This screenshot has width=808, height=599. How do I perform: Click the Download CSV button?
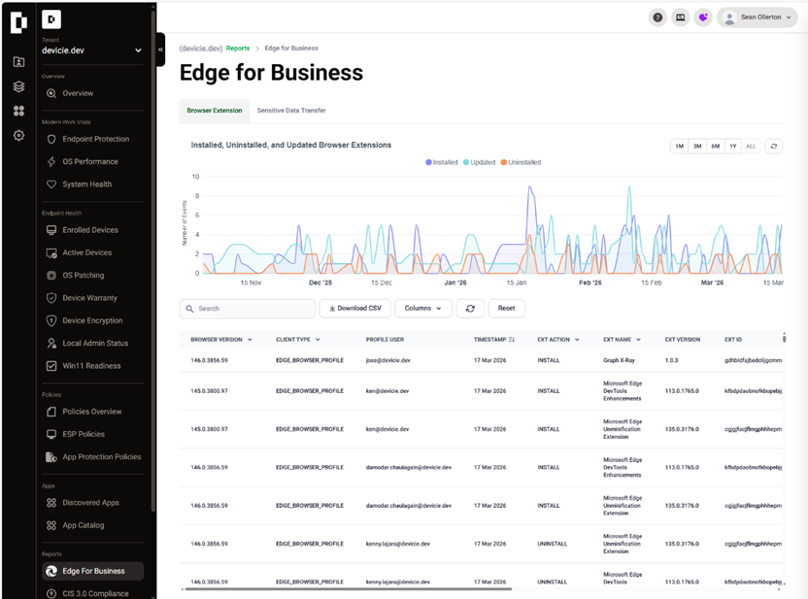[355, 308]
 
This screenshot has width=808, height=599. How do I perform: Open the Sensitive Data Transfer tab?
[290, 111]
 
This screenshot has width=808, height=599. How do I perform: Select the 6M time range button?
[715, 146]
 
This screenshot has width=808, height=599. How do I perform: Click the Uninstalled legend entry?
[521, 162]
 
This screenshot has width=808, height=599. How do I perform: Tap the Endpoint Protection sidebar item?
[95, 139]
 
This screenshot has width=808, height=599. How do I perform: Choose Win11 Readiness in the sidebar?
[91, 366]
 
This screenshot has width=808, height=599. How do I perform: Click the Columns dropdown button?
[423, 308]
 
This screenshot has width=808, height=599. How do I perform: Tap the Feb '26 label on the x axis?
[589, 283]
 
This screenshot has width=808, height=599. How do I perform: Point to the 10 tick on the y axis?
[196, 177]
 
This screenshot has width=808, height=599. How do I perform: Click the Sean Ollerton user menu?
[757, 17]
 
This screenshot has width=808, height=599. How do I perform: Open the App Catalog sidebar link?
[83, 525]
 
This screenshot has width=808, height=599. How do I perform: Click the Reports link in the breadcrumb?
[238, 48]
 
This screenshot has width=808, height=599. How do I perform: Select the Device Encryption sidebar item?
[92, 320]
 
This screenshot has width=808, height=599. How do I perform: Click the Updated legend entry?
[479, 162]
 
